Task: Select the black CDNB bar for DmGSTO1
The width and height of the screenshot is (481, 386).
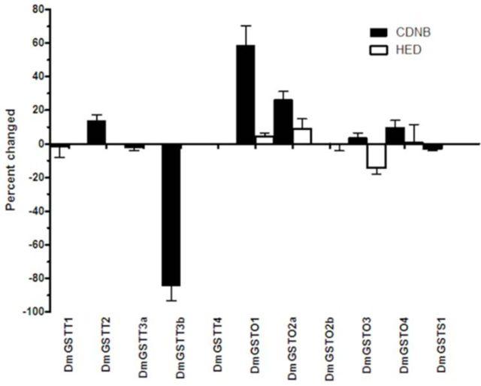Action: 246,95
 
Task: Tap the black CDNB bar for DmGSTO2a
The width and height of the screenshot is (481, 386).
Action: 283,122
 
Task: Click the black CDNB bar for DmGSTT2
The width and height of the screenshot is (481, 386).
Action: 96,132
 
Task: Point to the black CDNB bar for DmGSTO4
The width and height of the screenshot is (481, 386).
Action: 395,136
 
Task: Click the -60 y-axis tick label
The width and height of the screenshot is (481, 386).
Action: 32,244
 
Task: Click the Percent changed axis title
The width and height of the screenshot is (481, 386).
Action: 10,160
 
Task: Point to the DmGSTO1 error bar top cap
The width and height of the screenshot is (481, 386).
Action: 246,26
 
